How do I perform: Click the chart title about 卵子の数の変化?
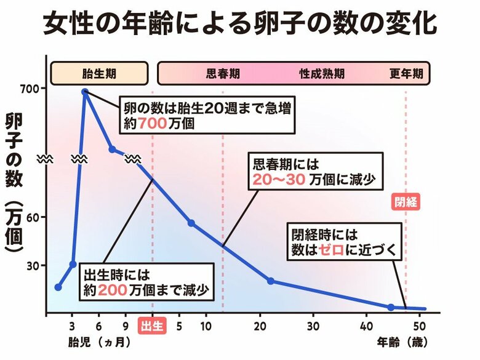point(240,25)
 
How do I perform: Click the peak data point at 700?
point(85,92)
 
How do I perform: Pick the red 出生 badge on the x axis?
point(152,325)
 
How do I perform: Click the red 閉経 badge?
point(406,202)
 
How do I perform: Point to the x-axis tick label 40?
point(366,325)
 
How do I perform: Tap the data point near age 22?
point(271,281)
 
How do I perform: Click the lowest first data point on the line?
point(58,287)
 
